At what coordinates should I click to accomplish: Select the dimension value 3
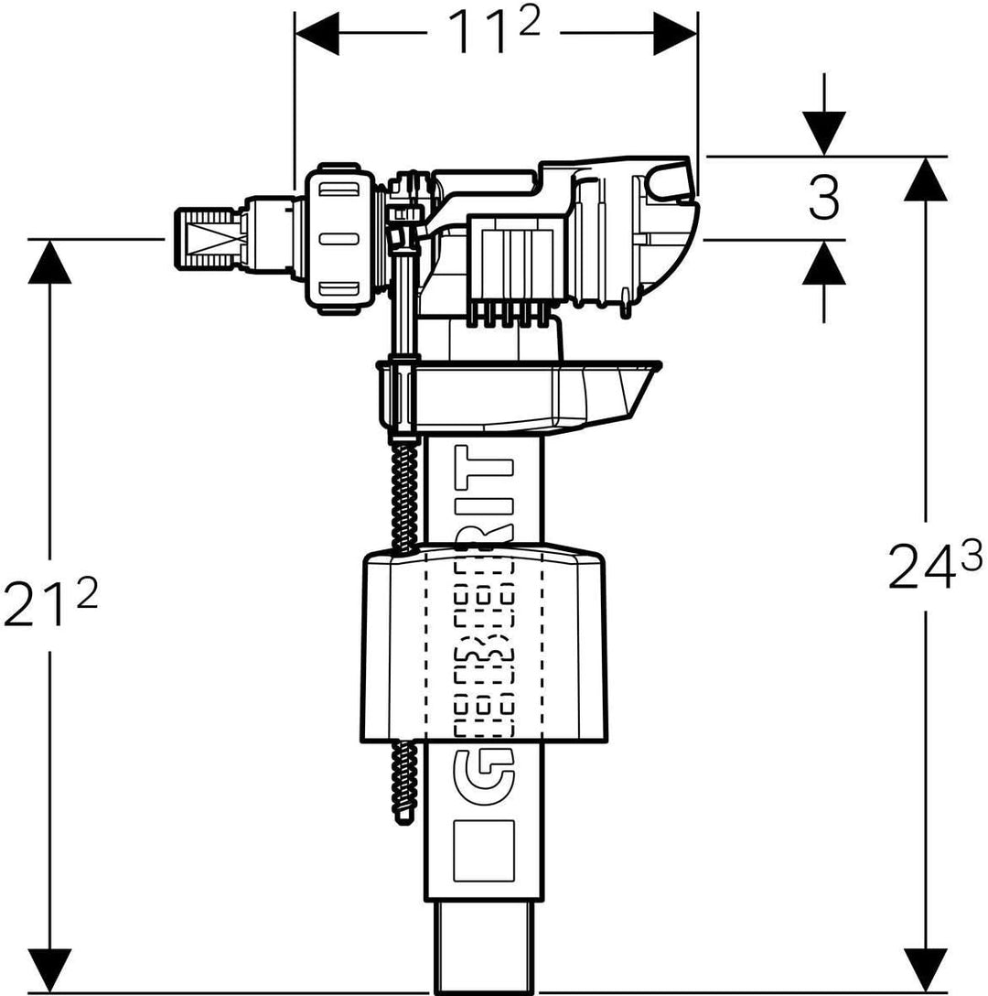click(x=823, y=199)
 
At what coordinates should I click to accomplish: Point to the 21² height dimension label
click(x=49, y=603)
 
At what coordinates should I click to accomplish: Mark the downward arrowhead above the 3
click(x=823, y=133)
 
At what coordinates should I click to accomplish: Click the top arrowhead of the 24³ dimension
click(x=927, y=179)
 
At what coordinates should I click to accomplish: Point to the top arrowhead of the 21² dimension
click(x=49, y=262)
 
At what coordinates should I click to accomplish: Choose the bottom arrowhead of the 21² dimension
click(x=49, y=969)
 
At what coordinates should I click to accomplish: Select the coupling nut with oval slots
click(x=338, y=239)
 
